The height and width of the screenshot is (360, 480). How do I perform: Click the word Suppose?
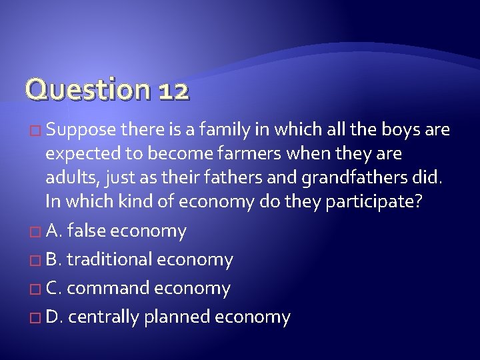(81, 129)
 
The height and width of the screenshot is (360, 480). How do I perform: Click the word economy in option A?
(148, 231)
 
